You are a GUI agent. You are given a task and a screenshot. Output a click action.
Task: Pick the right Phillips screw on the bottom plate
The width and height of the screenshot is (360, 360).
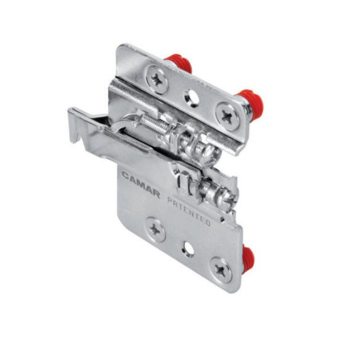click(220, 269)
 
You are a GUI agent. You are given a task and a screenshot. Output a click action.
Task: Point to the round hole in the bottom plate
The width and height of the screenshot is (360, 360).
click(187, 250)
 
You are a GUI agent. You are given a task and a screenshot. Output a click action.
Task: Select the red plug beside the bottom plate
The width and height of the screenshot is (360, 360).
click(248, 258)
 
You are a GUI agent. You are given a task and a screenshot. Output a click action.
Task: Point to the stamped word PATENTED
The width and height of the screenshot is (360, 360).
click(188, 211)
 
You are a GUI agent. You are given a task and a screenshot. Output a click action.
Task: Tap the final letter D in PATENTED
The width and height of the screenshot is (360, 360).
click(208, 222)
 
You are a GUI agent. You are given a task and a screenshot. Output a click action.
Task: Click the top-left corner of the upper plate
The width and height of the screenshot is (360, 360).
click(121, 48)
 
